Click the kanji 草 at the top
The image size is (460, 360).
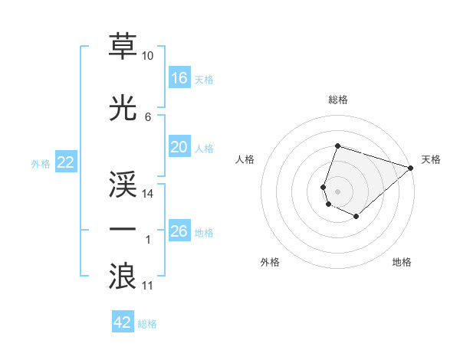tap(123, 47)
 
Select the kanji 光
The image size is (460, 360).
tap(123, 108)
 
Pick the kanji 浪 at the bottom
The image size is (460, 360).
tap(123, 276)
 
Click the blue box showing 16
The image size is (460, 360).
tap(179, 78)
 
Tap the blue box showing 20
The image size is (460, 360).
tap(179, 147)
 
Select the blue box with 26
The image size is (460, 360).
tap(179, 231)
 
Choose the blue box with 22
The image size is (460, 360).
tap(65, 162)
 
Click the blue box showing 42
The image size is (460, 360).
tap(123, 322)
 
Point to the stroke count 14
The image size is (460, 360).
tap(148, 194)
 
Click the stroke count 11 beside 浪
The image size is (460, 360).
tap(148, 286)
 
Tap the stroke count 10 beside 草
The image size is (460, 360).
tap(148, 56)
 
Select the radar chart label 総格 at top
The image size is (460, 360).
tap(338, 100)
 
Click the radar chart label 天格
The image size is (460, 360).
tap(431, 159)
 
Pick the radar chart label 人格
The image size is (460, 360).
tap(245, 159)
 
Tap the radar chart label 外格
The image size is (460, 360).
tap(270, 262)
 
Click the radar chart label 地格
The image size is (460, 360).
tap(402, 262)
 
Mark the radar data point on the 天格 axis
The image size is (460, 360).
tap(411, 168)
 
